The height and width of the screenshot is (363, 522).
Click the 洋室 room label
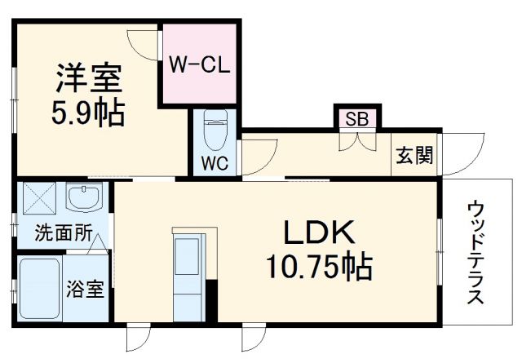[x=88, y=79]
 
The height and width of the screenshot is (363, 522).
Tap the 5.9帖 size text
[x=89, y=113]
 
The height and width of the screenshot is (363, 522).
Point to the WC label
[x=215, y=162]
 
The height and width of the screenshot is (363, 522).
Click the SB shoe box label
[x=356, y=118]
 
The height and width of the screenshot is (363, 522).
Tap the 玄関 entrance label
[x=414, y=154]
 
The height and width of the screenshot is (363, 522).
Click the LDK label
[x=320, y=234]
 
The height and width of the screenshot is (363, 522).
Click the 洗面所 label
[x=62, y=232]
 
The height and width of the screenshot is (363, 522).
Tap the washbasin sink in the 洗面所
[x=83, y=198]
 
